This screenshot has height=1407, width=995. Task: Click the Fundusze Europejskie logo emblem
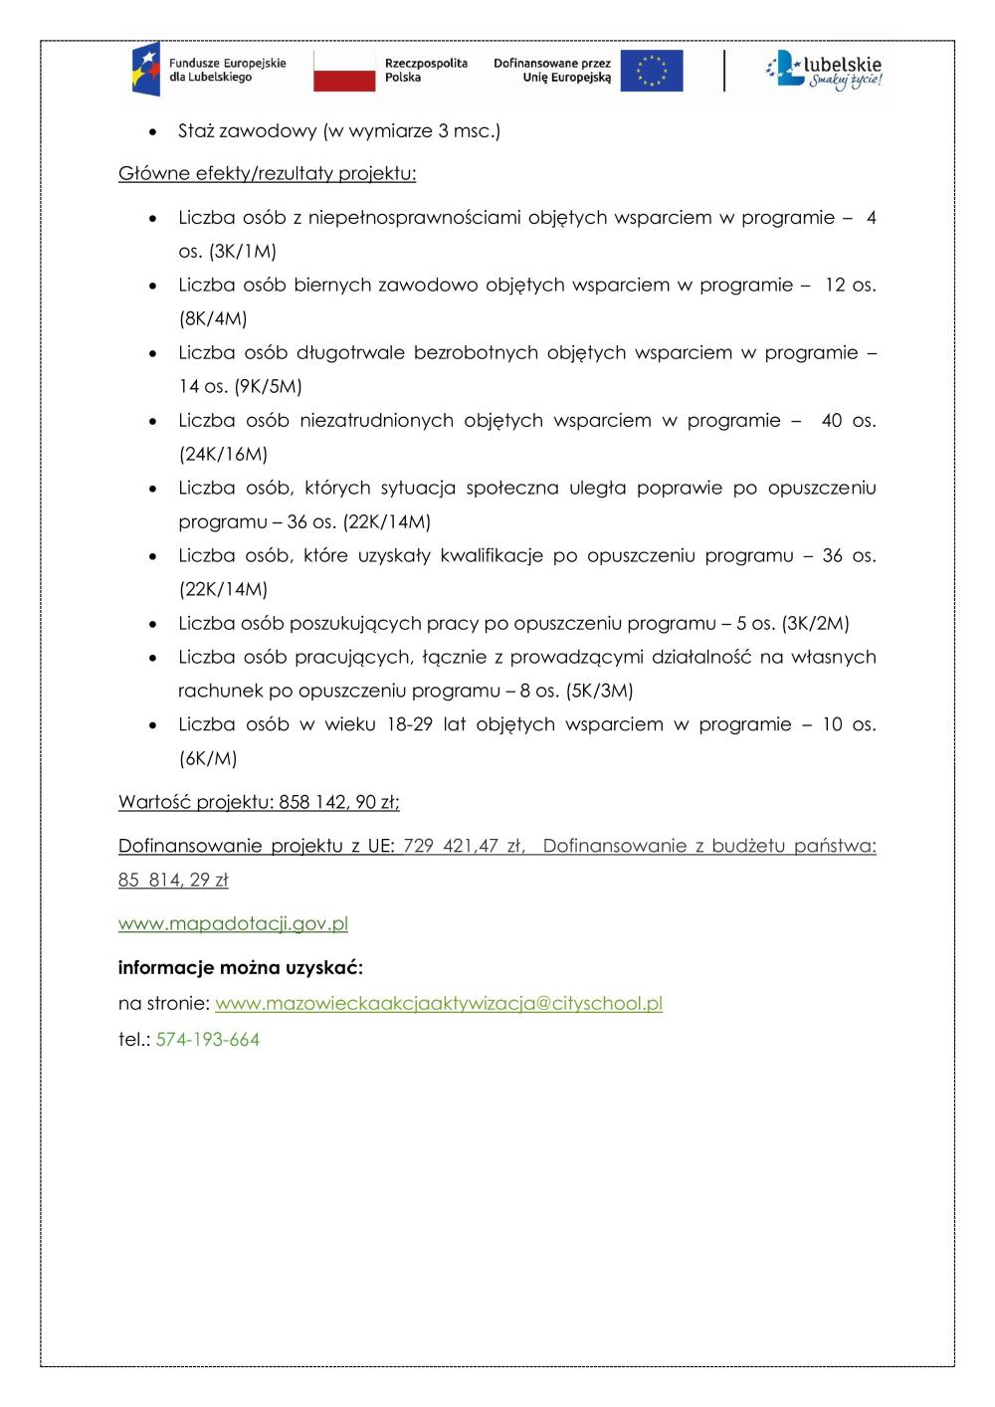145,70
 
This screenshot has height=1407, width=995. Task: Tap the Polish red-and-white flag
344,71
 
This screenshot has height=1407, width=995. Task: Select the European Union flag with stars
652,71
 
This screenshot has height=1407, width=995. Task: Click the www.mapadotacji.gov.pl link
233,923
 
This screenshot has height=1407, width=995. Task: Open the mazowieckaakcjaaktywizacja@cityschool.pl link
439,1003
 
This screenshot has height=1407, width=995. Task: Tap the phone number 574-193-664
208,1040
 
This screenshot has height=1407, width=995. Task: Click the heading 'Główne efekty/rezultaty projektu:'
267,174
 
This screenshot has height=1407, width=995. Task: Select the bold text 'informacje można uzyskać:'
241,967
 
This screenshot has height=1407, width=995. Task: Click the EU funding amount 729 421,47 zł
463,846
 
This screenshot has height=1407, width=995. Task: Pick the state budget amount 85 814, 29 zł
173,880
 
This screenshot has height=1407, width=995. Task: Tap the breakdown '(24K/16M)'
223,454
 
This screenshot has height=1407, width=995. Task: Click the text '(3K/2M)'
815,623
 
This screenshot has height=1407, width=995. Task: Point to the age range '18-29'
408,724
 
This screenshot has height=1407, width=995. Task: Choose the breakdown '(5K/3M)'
599,691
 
